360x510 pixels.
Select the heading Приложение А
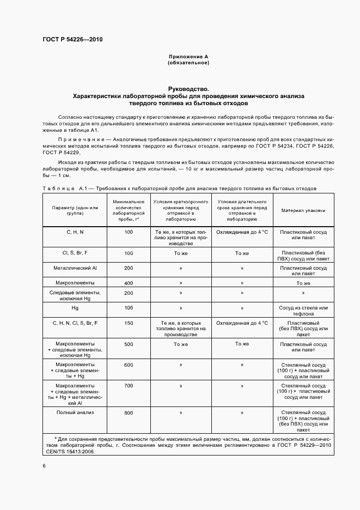tap(188, 57)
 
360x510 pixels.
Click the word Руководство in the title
tap(188, 88)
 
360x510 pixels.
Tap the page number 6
tap(45, 465)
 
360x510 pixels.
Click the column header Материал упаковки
tap(303, 210)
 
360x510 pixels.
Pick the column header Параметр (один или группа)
tap(75, 210)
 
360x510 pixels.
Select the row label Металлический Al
tap(75, 268)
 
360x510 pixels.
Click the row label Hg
tap(75, 308)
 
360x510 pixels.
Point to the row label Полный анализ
tap(75, 412)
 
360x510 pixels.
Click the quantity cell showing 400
tap(129, 283)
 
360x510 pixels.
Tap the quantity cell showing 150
tap(129, 323)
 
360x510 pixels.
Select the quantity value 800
tap(129, 413)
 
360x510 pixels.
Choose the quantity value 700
tap(129, 386)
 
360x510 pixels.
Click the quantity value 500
tap(129, 344)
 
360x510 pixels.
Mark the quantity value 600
tap(129, 365)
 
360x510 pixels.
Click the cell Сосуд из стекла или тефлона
tap(303, 311)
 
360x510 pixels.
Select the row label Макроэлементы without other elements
tap(75, 283)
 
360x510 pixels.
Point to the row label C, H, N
tap(75, 232)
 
